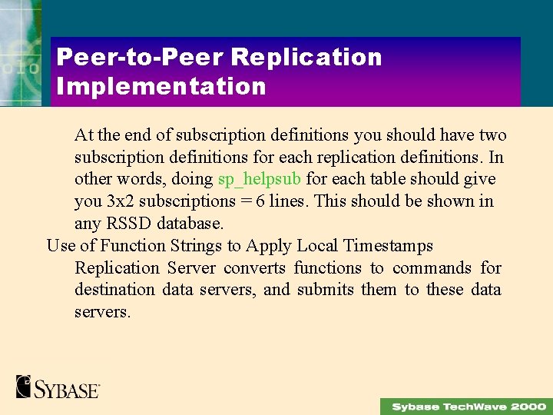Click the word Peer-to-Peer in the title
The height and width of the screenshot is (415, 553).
[138, 58]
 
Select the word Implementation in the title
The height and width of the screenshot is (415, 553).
[161, 86]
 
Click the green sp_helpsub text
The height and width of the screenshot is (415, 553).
[260, 179]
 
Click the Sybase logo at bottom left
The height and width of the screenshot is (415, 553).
[58, 387]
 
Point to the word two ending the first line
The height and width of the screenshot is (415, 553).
[492, 135]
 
